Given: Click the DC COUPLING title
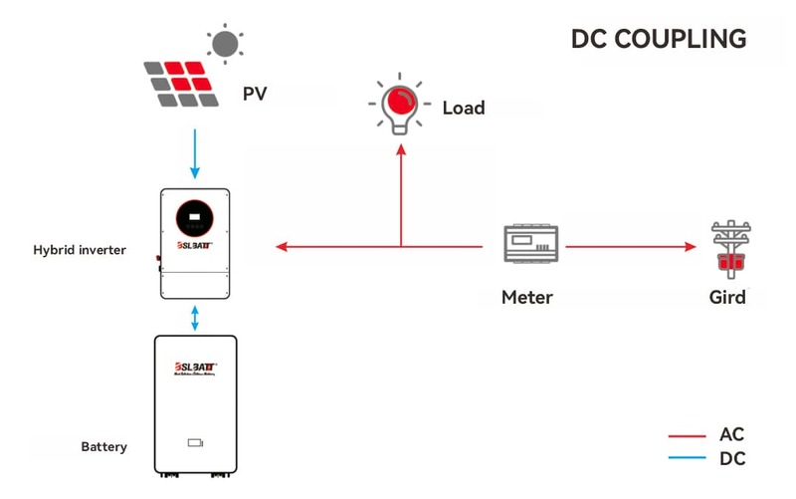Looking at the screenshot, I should coord(658,39).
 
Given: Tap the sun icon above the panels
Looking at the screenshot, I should coord(224,43).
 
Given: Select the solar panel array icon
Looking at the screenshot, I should coord(182,84).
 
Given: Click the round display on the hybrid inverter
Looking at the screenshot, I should coord(195,218).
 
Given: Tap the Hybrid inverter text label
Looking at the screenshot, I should coord(80,250).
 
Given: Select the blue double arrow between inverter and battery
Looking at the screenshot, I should coord(195,318).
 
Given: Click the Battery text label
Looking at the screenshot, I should coord(103,447).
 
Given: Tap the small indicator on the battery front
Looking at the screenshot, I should coord(195,442).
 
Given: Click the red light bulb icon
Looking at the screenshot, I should coord(401,106).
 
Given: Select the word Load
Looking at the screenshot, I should coord(464,107).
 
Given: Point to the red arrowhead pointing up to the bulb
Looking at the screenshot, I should coord(401,149).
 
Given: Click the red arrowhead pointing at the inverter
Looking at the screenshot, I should coord(282,246).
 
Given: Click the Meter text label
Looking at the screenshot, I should coord(526,297).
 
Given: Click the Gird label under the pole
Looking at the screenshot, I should coord(727,297).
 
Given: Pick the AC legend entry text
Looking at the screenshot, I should coord(731,435).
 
